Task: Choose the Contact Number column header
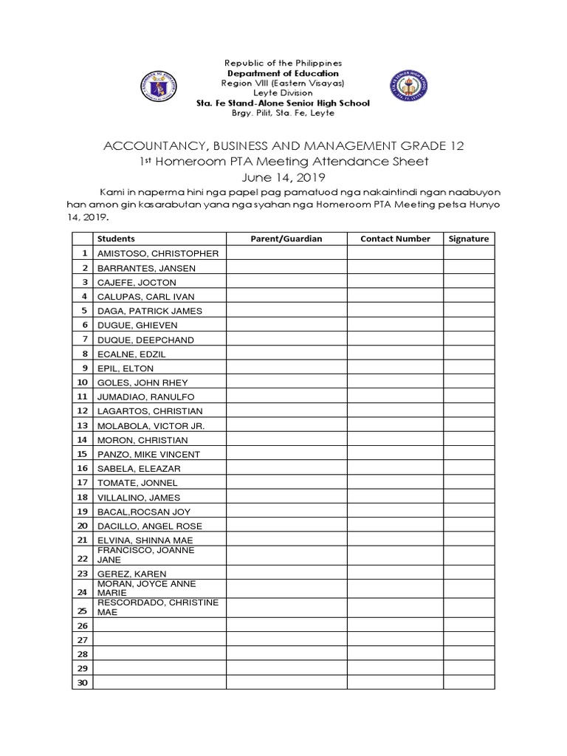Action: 395,238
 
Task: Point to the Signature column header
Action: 469,238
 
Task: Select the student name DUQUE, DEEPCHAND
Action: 145,340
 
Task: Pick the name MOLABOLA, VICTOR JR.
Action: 151,426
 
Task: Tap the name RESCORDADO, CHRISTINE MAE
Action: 158,608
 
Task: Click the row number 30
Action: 82,683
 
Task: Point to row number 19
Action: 82,512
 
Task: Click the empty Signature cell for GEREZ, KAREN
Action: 469,574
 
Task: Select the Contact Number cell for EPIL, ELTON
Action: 395,368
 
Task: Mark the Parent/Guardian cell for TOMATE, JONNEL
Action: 287,483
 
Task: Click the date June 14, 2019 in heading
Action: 283,178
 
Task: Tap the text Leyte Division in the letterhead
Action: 283,94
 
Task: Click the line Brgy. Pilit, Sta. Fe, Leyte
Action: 283,113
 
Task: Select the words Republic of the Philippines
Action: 283,64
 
